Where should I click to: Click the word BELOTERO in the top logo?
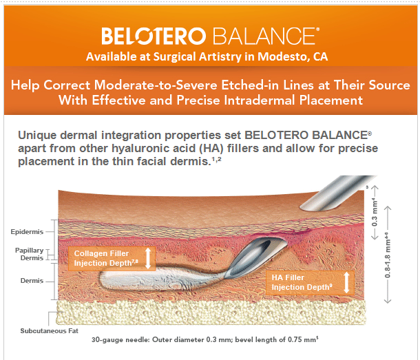point(154,36)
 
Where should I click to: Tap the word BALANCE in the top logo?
point(264,36)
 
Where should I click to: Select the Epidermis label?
point(27,232)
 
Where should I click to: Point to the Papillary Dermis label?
point(29,254)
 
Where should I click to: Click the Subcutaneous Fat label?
point(50,331)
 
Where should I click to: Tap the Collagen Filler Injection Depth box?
point(112,258)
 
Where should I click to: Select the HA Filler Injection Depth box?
point(310,283)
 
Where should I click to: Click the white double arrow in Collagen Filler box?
point(148,258)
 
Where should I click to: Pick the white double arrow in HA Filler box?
point(346,282)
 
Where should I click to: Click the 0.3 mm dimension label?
point(375,213)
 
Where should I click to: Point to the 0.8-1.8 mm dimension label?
point(388,255)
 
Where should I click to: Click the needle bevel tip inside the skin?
point(227,276)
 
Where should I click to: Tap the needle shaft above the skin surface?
point(337,193)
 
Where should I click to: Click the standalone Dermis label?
point(32,281)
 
